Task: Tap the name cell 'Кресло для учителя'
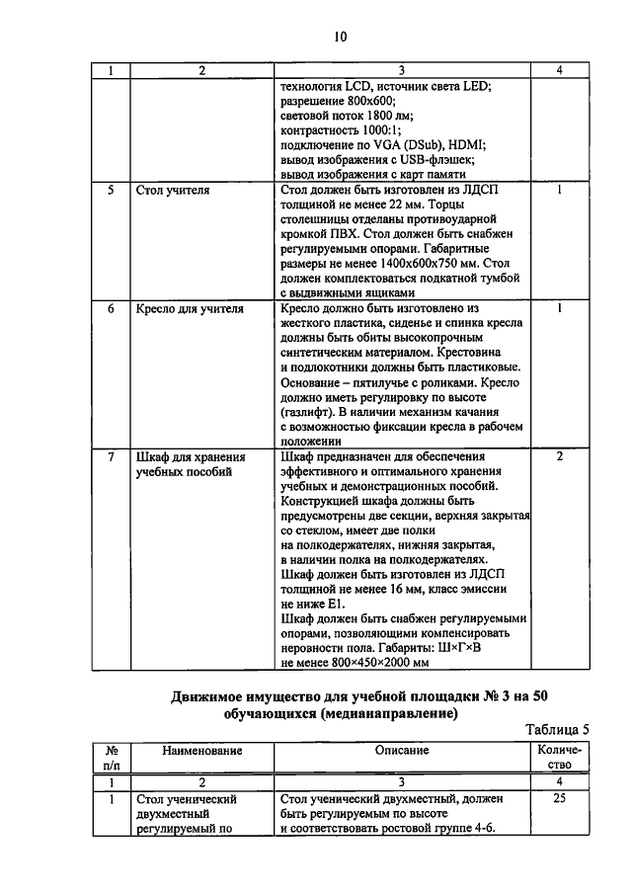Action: tap(189, 308)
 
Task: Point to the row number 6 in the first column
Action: tap(112, 308)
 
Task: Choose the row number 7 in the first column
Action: tap(112, 456)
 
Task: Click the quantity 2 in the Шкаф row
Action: tap(560, 456)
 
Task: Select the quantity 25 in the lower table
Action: tap(560, 797)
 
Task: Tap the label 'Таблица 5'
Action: tap(557, 729)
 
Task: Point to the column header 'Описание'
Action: tap(401, 751)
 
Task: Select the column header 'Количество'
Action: tap(560, 758)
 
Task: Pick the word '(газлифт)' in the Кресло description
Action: tap(309, 412)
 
